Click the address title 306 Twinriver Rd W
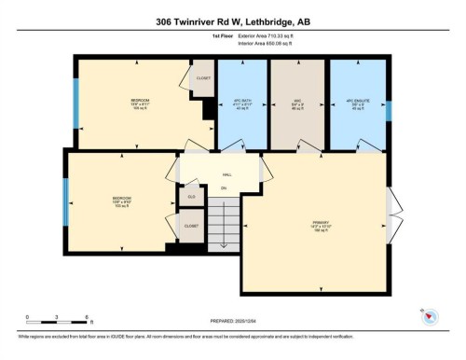[x=232, y=11]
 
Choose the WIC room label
[x=296, y=101]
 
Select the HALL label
[x=226, y=174]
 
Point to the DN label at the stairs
[x=223, y=188]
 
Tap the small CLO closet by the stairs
[x=190, y=197]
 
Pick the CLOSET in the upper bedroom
[x=201, y=79]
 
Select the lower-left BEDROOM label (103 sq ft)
[x=121, y=201]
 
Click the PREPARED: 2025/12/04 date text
[x=232, y=319]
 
